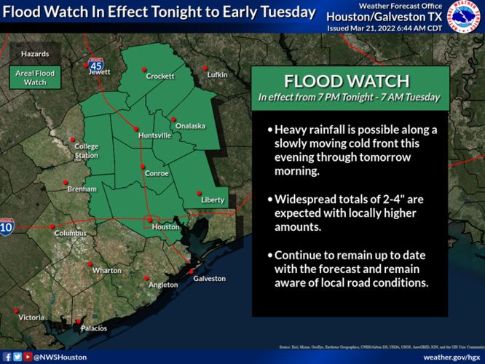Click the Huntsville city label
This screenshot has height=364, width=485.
pos(154,135)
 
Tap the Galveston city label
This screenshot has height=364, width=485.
pos(209,278)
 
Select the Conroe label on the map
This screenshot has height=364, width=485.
pos(157,173)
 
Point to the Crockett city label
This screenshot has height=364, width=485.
pos(159,76)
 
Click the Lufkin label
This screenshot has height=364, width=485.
pos(217,75)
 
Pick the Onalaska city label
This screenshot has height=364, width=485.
pos(189,126)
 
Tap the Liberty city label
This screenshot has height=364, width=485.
pos(213,199)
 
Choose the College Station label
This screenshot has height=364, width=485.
pos(86,151)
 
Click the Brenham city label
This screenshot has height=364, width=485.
pos(82,189)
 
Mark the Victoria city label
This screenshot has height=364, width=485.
pos(31,317)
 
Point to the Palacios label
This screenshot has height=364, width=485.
pos(94,328)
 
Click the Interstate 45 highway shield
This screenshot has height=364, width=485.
pos(96,63)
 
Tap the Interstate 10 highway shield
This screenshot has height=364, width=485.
pos(7,226)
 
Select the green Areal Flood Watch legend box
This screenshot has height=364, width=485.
pos(35,78)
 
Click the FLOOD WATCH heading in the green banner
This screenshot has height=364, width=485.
pos(349,79)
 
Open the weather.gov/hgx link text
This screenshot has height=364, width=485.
pos(451,357)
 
